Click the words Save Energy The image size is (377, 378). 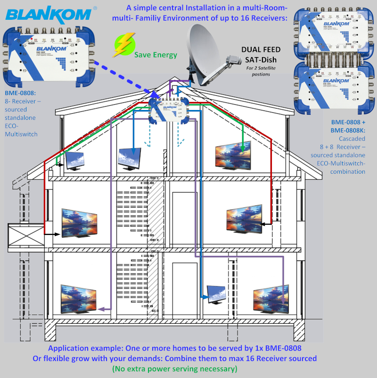pos(156,55)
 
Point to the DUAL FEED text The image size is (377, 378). pos(261,50)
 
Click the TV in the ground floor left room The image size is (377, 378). pos(78,299)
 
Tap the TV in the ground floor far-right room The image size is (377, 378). pos(270,299)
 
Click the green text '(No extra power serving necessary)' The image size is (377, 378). pos(175,369)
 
